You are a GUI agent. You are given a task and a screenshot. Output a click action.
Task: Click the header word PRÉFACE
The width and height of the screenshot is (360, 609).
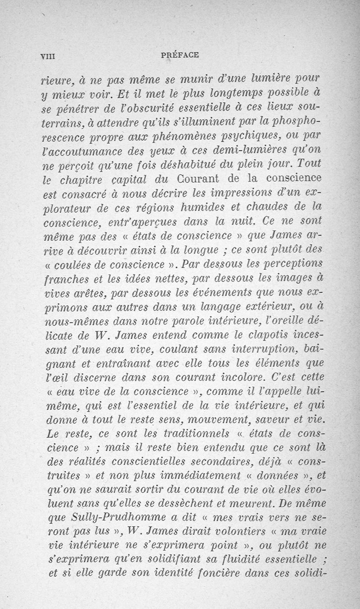tap(179, 55)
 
